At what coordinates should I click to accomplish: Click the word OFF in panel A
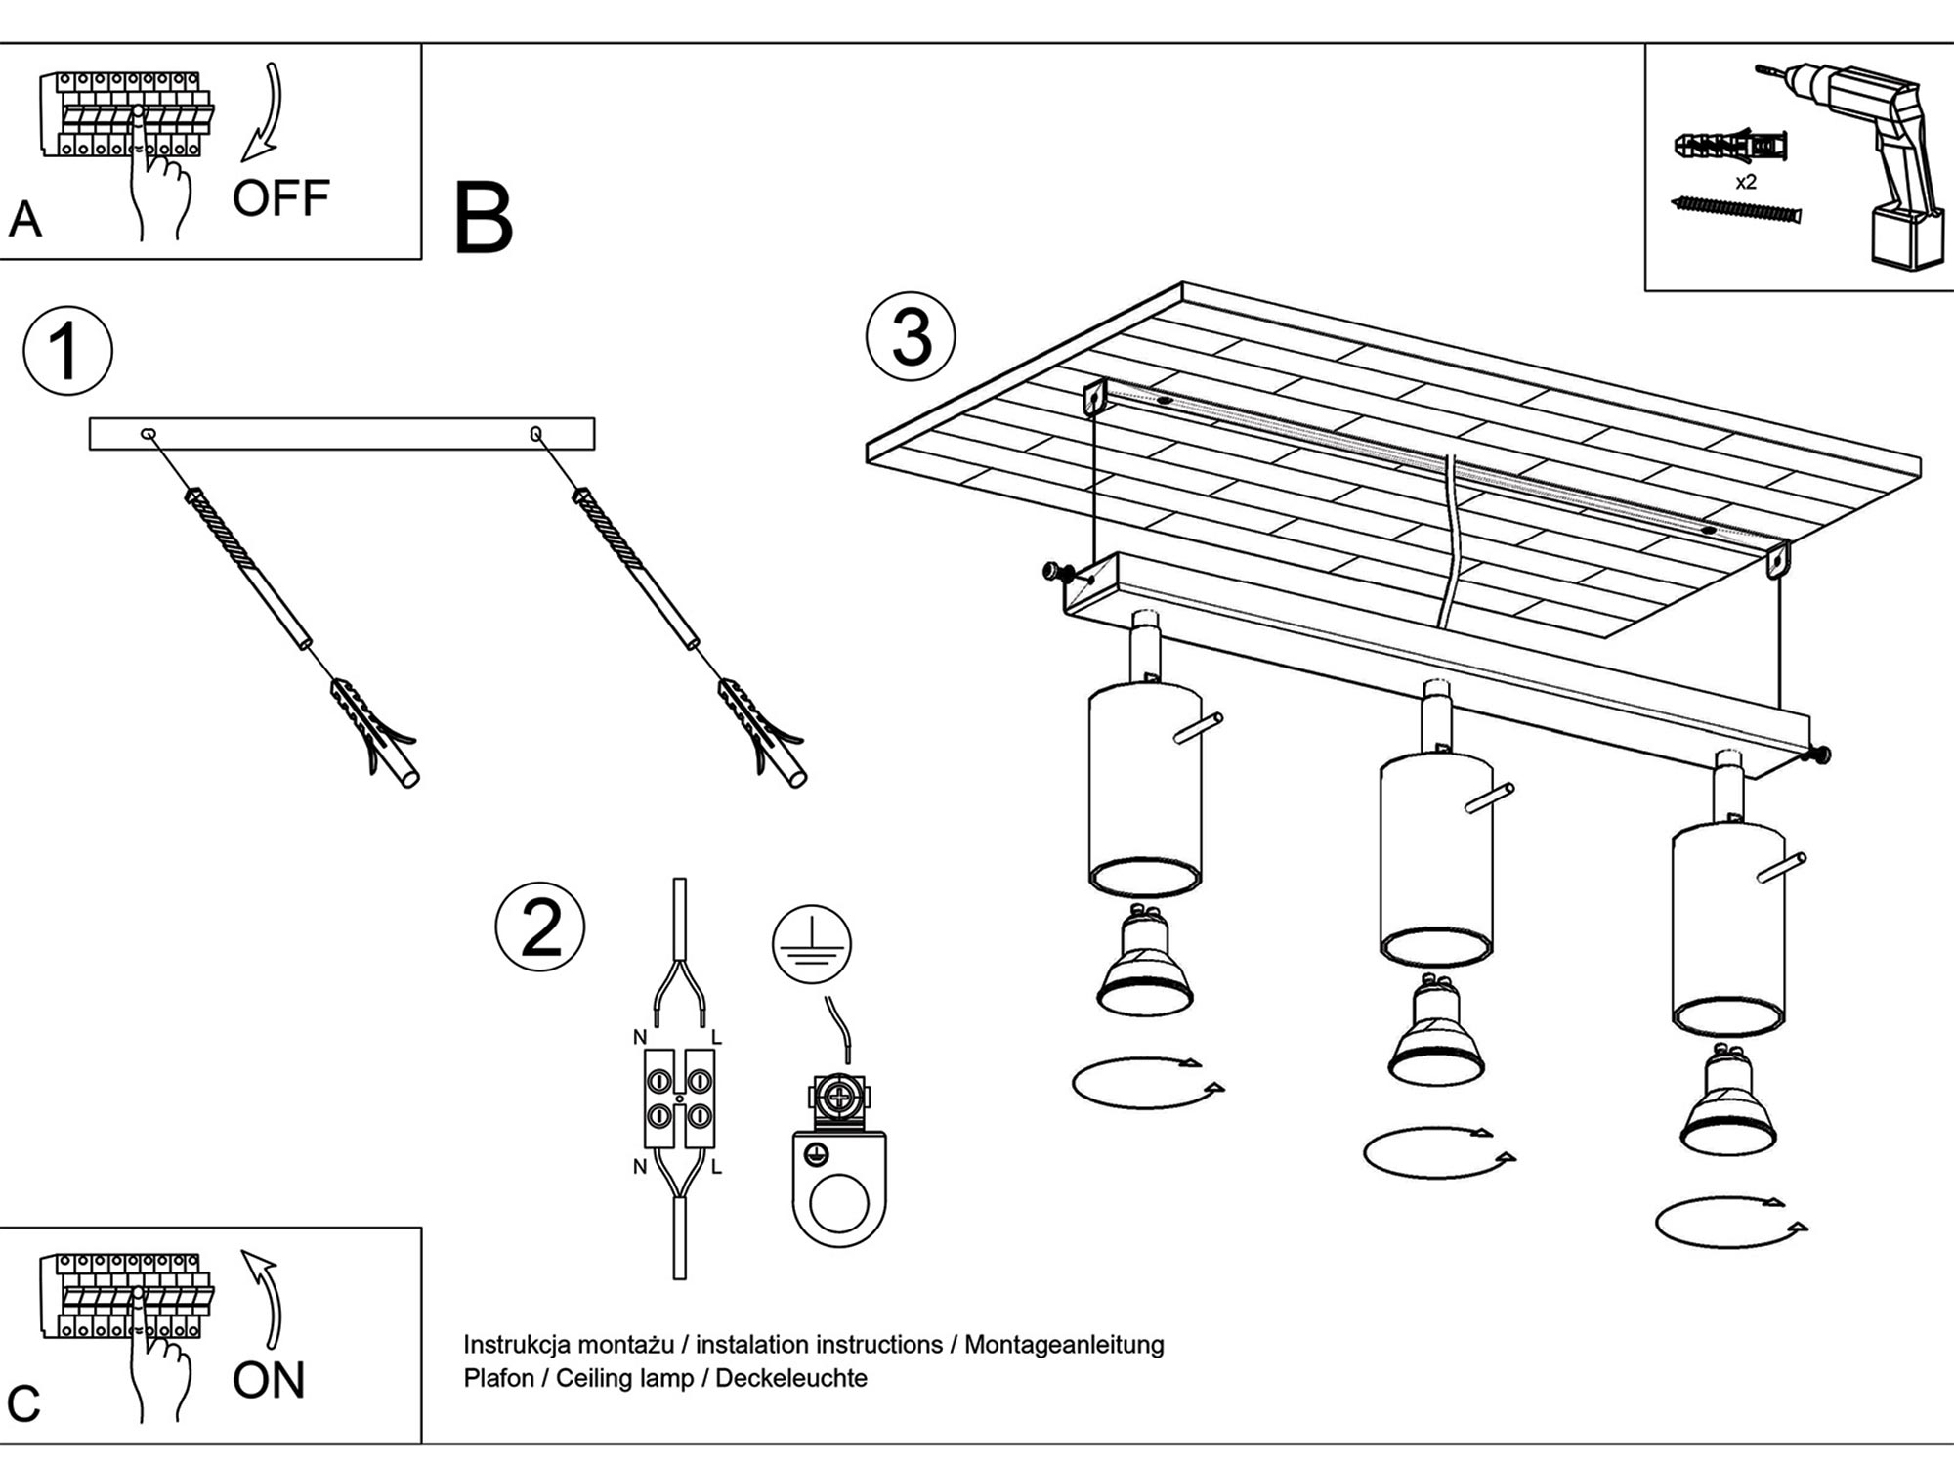pos(280,198)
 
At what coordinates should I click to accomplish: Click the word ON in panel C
pos(269,1380)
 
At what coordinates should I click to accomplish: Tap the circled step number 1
pos(67,351)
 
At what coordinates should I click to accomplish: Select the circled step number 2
pos(540,927)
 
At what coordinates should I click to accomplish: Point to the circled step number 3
pos(911,337)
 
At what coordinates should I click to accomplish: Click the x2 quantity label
pos(1746,182)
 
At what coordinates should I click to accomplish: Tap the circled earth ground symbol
pos(812,945)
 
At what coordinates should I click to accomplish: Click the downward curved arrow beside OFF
pos(264,112)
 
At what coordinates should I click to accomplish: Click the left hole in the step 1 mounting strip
pos(149,433)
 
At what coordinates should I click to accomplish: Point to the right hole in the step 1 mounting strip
pos(535,433)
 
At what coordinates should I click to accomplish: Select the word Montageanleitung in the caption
pos(1064,1345)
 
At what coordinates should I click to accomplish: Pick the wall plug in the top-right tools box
pos(1730,148)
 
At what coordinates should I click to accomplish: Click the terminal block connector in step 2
pos(679,1099)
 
